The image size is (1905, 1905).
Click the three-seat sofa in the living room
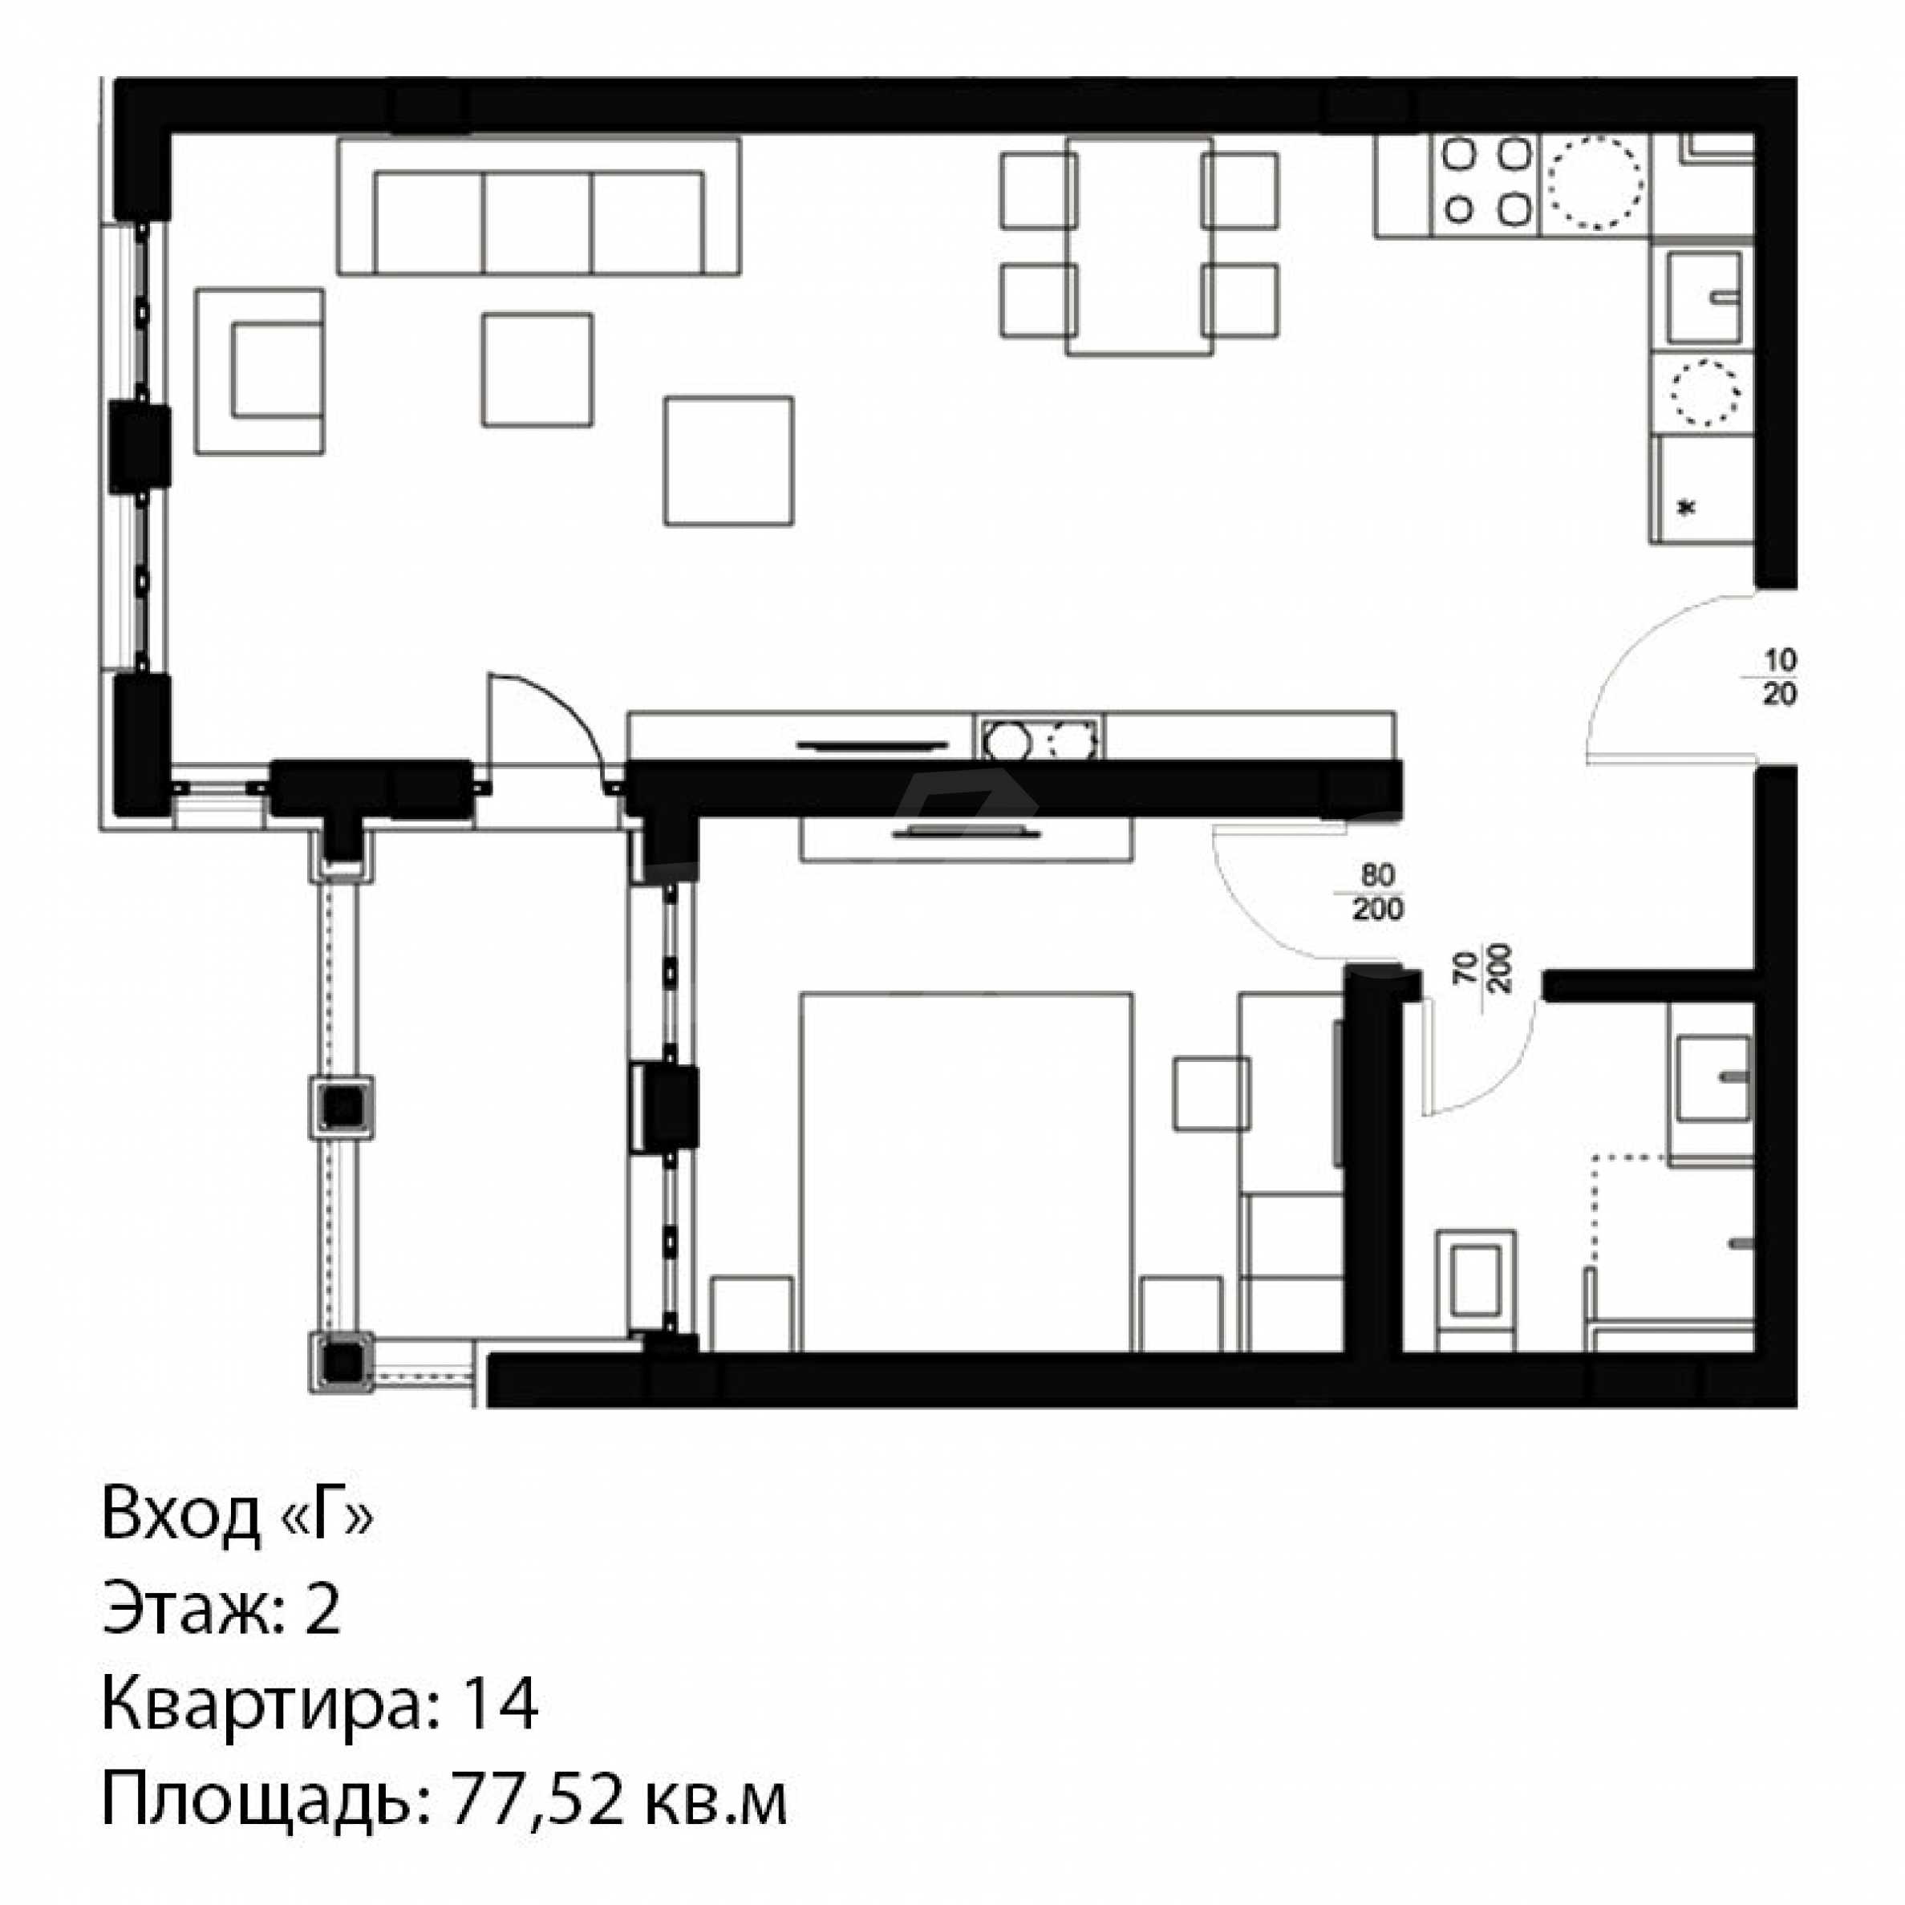538,206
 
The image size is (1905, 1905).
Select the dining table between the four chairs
1139,245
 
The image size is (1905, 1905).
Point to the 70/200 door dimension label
1483,968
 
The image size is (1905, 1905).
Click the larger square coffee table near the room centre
728,460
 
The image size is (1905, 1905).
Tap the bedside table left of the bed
752,1315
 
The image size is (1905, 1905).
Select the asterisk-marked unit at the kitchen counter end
1703,489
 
